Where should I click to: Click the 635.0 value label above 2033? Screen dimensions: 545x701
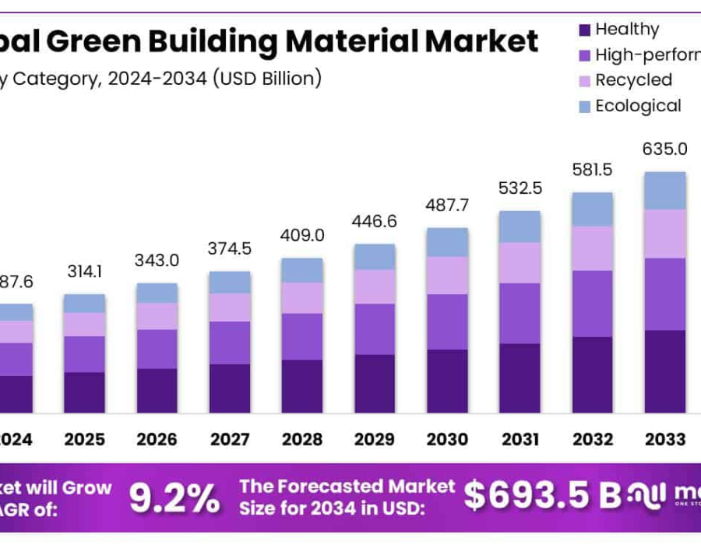tap(664, 149)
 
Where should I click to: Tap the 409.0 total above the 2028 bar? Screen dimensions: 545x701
tap(302, 235)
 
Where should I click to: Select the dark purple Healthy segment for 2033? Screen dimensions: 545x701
tap(664, 371)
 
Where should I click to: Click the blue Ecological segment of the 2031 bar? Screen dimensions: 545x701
tap(520, 227)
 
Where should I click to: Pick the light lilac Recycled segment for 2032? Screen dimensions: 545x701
tap(592, 248)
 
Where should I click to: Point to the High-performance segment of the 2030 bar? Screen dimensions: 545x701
tap(447, 322)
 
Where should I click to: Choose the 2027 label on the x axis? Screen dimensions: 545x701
tap(230, 439)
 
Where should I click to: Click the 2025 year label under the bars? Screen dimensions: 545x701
tap(84, 439)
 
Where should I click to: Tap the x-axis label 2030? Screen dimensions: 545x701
tap(447, 439)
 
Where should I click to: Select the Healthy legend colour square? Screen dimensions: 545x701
tap(584, 30)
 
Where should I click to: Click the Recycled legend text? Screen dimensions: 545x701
tap(633, 80)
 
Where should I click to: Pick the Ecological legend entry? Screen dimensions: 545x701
tap(638, 106)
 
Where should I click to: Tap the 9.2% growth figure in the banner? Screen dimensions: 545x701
tap(174, 498)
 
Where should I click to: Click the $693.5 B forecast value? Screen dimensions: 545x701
tap(537, 494)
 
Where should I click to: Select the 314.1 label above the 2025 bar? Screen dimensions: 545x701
tap(84, 272)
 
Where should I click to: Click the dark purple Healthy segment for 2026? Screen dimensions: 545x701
tap(157, 391)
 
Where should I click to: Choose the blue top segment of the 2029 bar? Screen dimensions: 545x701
tap(375, 257)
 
